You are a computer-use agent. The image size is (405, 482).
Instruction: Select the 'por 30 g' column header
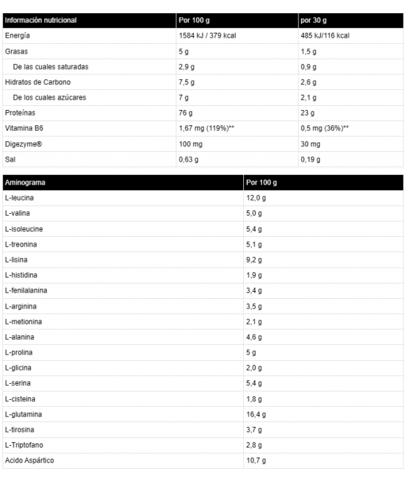pos(313,21)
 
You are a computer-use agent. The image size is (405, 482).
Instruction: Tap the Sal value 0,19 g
pos(310,159)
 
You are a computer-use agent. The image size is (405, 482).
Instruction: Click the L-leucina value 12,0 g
pos(255,198)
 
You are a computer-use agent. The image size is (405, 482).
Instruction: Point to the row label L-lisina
pos(17,259)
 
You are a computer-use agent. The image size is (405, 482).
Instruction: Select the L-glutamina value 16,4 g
pos(255,414)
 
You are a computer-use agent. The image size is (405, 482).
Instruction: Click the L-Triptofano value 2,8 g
pos(254,444)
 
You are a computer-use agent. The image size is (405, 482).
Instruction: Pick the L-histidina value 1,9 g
pos(254,274)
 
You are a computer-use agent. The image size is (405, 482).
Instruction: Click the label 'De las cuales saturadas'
pos(51,67)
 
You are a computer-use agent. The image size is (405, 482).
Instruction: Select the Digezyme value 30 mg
pos(311,143)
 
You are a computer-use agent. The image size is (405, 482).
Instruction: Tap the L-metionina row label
pos(24,321)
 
